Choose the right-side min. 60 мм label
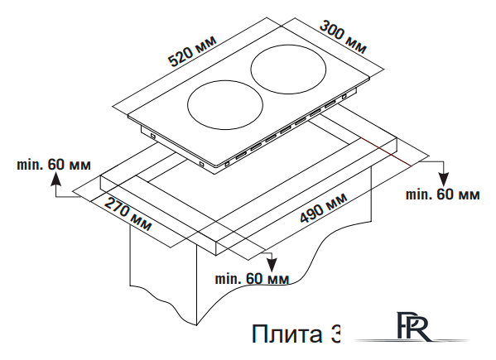click(442, 194)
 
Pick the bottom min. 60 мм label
click(251, 278)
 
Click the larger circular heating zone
click(290, 68)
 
